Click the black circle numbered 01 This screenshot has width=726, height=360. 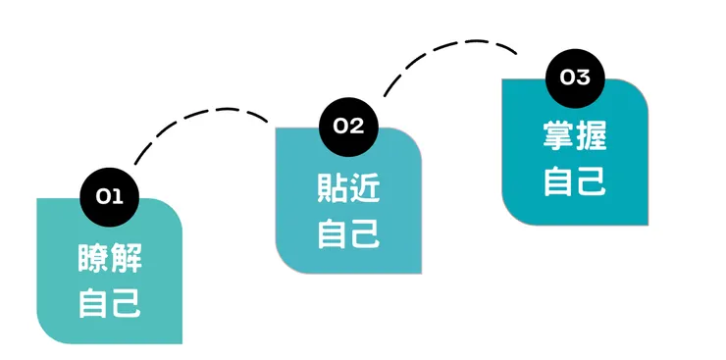pos(109,197)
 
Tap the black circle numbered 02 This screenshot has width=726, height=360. pos(348,126)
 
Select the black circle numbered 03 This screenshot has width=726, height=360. pos(575,77)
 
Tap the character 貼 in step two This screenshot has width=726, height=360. pos(333,187)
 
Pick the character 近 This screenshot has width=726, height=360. pos(366,187)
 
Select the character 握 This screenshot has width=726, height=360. pos(591,135)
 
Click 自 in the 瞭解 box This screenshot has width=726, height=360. pos(93,302)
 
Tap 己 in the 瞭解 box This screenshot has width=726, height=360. pos(127,302)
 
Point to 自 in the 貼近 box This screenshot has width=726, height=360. pos(333,232)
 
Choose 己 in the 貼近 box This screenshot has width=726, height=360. pos(366,232)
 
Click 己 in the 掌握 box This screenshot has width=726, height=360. pos(591,180)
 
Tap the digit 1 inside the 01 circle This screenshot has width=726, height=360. pos(116,197)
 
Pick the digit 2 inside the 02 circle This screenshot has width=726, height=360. pos(356,126)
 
